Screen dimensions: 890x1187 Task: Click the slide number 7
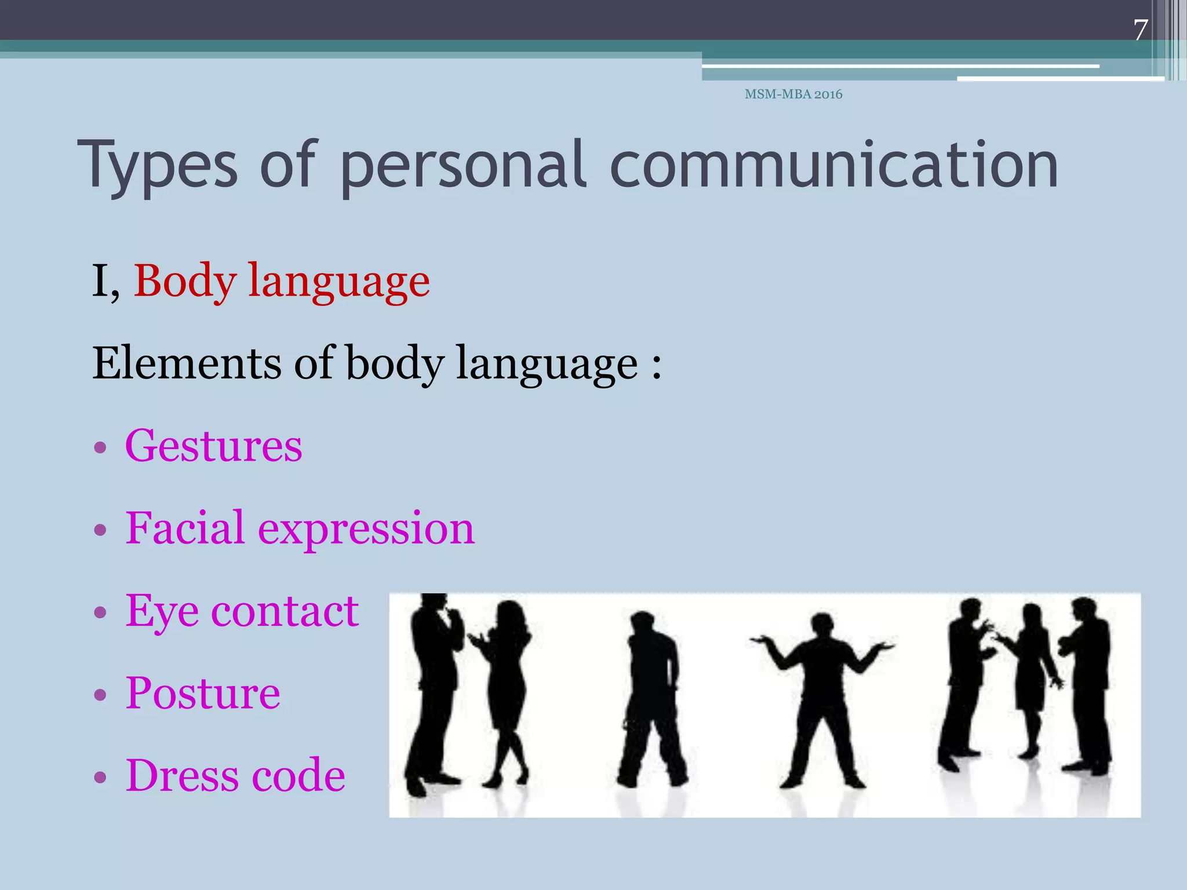pyautogui.click(x=1140, y=30)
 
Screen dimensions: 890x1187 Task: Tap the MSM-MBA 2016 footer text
pyautogui.click(x=793, y=94)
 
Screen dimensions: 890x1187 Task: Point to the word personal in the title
pyautogui.click(x=463, y=166)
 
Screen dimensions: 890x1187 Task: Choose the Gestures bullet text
pyautogui.click(x=213, y=446)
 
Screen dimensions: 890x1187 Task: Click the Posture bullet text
pyautogui.click(x=203, y=693)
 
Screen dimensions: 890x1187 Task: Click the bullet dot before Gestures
pyautogui.click(x=100, y=447)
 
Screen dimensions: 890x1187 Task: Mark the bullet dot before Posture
pyautogui.click(x=100, y=694)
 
